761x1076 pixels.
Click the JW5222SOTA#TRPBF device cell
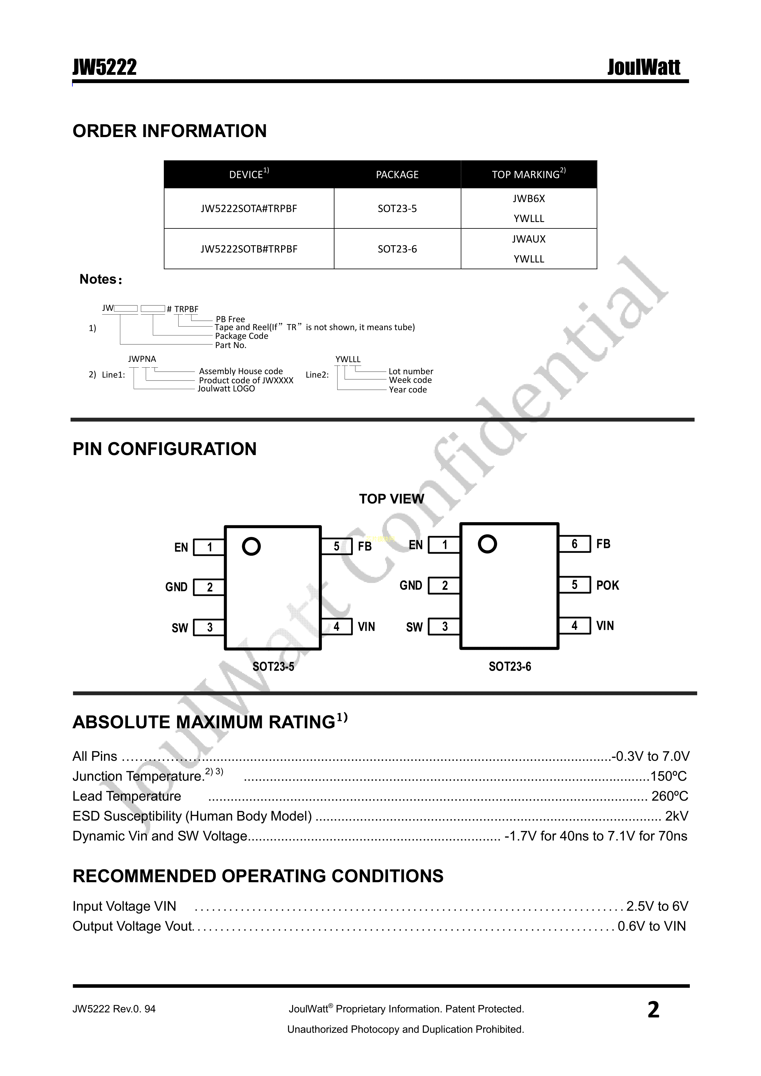pos(249,209)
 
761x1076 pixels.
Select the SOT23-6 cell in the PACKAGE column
pos(397,249)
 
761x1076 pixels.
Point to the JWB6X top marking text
pos(528,199)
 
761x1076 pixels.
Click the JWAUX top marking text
pos(528,239)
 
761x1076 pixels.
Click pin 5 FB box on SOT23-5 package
pos(336,546)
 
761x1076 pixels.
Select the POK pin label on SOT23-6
pos(607,585)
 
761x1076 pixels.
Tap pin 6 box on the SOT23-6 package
pos(574,544)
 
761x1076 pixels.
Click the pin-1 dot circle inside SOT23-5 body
pos(251,546)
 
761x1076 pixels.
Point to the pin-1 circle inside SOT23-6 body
pos(487,544)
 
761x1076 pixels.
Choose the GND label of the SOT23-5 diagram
pos(176,587)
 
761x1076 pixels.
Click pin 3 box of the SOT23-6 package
pos(445,626)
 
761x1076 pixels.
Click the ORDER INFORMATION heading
pos(169,131)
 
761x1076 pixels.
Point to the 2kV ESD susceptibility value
pos(677,816)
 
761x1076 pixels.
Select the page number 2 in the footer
pos(653,1010)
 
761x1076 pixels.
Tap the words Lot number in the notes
pos(411,371)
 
